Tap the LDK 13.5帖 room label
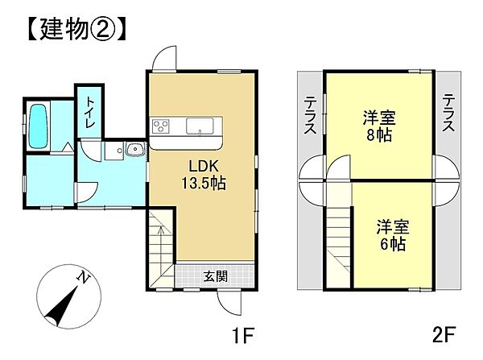coord(202,175)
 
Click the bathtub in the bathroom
coord(37,126)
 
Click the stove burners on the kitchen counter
coord(160,126)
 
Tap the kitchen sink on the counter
coord(198,126)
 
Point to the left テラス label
coord(310,114)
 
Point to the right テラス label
coord(449,114)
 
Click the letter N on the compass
coord(82,278)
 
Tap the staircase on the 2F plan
coord(339,242)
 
